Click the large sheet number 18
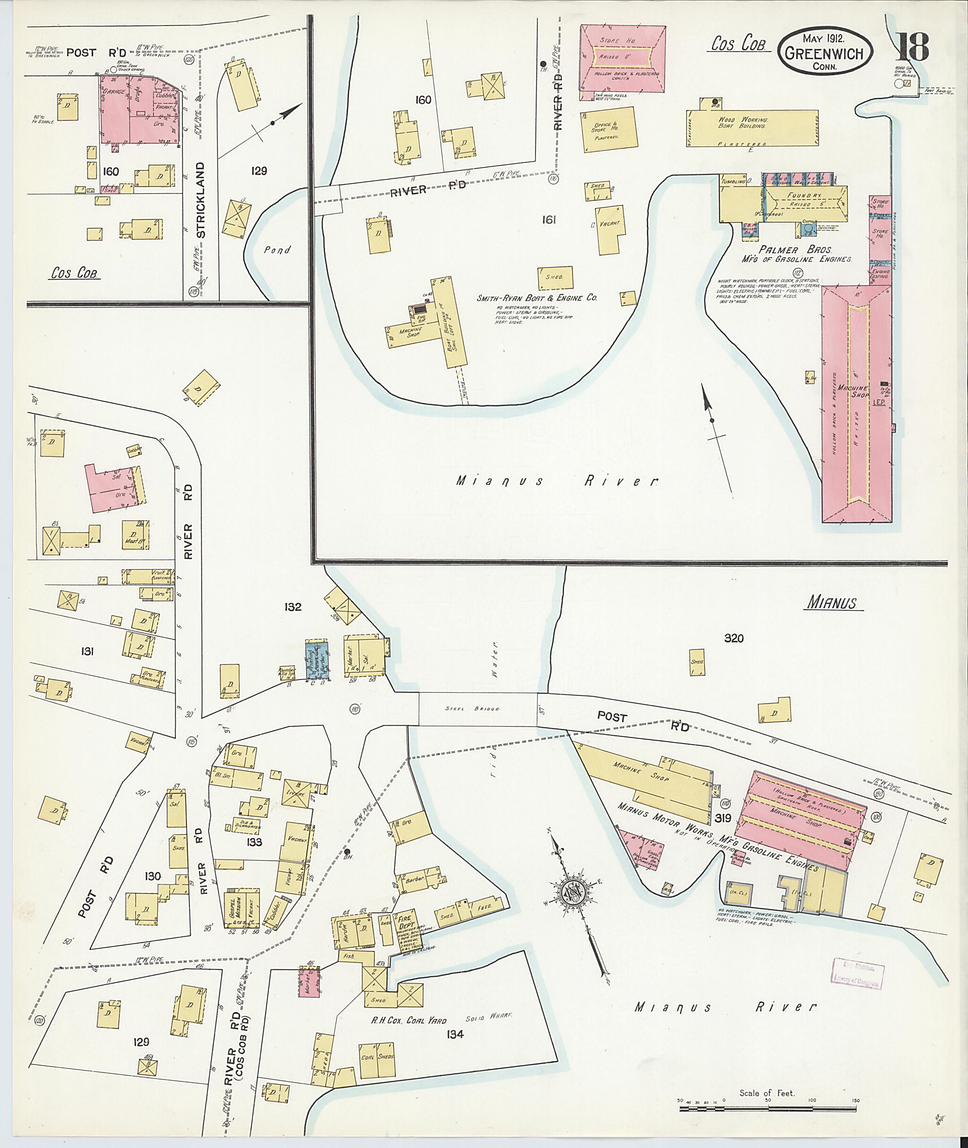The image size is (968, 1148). point(913,48)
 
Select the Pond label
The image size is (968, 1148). point(277,250)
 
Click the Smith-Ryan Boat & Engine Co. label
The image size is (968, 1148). point(536,298)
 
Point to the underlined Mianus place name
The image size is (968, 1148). point(834,604)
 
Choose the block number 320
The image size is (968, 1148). point(734,638)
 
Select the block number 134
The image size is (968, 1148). point(456,1035)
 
